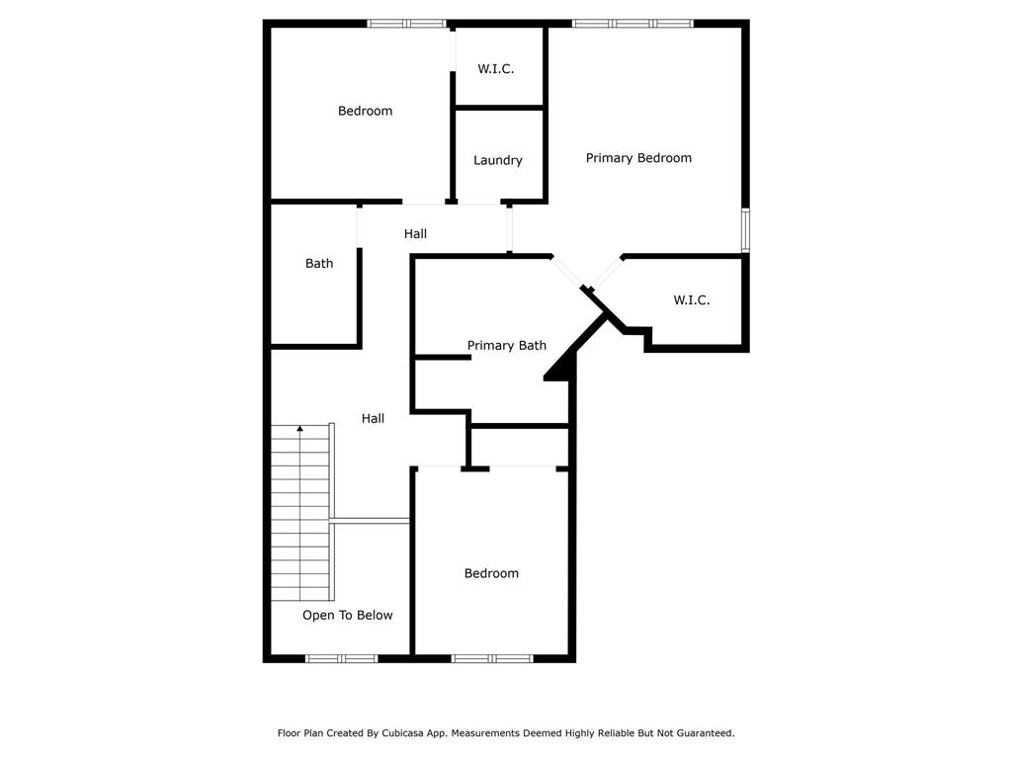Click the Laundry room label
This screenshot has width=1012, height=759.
pyautogui.click(x=498, y=161)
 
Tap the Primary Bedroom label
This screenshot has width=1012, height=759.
pyautogui.click(x=638, y=158)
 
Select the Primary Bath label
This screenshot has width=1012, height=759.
pyautogui.click(x=507, y=345)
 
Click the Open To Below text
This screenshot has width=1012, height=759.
pyautogui.click(x=347, y=615)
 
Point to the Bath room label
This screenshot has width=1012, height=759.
pyautogui.click(x=319, y=263)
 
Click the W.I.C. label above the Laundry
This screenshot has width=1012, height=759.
pyautogui.click(x=496, y=69)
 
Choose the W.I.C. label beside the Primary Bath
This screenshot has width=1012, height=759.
pyautogui.click(x=691, y=300)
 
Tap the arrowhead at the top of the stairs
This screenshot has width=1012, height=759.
pyautogui.click(x=299, y=428)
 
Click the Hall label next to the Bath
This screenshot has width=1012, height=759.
pyautogui.click(x=415, y=233)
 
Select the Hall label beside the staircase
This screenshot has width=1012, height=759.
pyautogui.click(x=373, y=418)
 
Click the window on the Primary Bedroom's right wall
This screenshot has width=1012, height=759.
pyautogui.click(x=745, y=229)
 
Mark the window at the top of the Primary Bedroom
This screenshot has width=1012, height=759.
pyautogui.click(x=632, y=24)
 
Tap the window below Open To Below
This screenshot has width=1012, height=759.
pyautogui.click(x=341, y=658)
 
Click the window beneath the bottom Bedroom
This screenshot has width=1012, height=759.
pyautogui.click(x=492, y=658)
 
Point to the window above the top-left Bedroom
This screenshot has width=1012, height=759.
pyautogui.click(x=406, y=24)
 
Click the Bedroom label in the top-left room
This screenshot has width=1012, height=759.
pyautogui.click(x=365, y=111)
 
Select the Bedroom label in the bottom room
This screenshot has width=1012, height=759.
pyautogui.click(x=491, y=573)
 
